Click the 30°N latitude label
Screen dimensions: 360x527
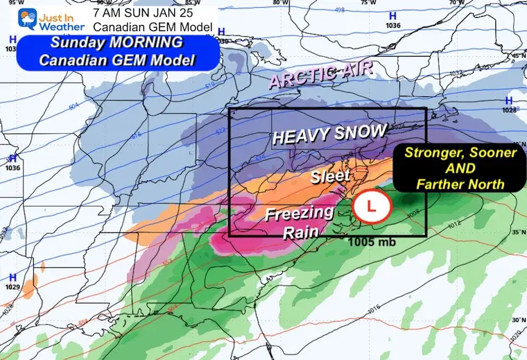pos(516,320)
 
